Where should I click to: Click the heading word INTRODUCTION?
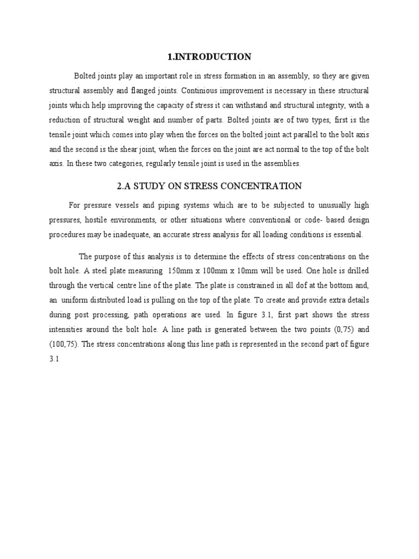point(217,57)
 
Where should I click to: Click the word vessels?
point(129,205)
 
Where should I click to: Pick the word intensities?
point(69,330)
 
